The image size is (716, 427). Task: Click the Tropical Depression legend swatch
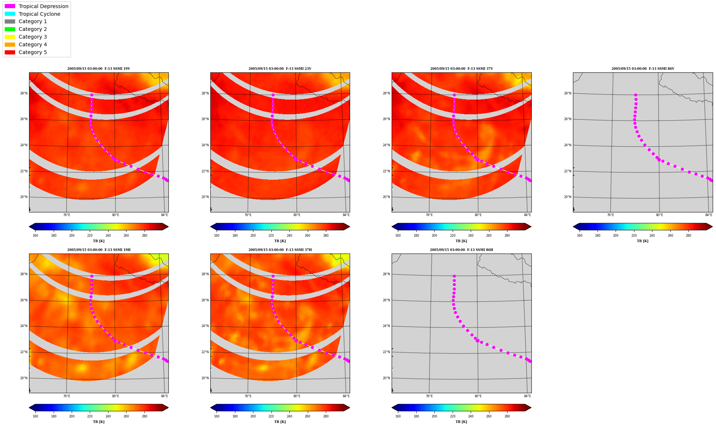(10, 6)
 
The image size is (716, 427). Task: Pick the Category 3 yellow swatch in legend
(10, 37)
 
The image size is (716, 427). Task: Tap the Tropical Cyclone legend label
(39, 14)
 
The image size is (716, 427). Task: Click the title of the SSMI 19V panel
(99, 69)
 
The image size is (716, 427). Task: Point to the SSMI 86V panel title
(643, 69)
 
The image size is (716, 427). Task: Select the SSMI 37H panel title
(280, 250)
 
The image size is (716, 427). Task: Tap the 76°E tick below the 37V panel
(429, 215)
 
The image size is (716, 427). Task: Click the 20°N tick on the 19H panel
(24, 378)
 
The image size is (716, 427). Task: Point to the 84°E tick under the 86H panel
(527, 396)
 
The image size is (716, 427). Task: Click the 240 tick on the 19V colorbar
(108, 236)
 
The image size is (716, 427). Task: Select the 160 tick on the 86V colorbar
(580, 236)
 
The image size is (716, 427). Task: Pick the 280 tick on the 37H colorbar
(326, 416)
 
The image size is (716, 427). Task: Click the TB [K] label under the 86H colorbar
(461, 422)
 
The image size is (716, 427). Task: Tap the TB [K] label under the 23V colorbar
(280, 241)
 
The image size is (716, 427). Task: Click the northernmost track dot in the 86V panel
(635, 95)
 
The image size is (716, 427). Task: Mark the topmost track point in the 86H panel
(454, 276)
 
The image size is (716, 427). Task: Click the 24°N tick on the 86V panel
(568, 145)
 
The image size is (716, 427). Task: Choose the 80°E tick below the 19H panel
(115, 396)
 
